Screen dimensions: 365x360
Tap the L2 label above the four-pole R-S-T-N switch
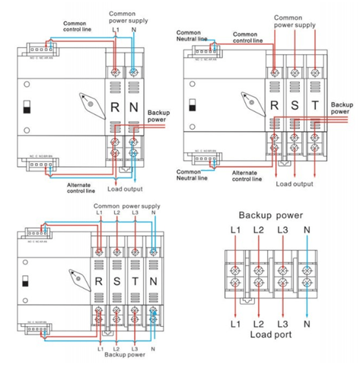click(x=117, y=213)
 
